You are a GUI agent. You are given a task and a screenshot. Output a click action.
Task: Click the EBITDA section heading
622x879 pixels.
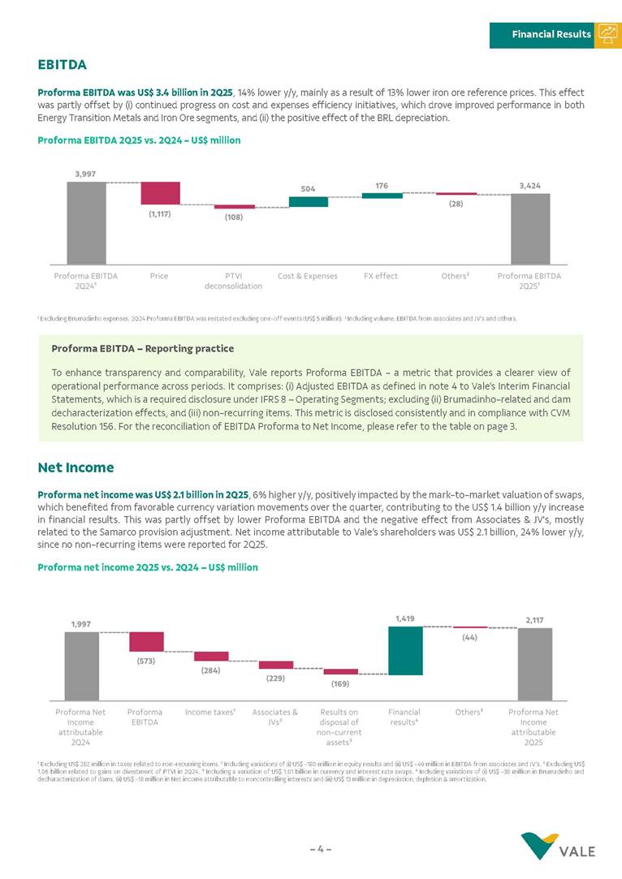coord(62,64)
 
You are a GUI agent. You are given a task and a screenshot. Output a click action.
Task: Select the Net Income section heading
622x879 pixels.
coord(76,468)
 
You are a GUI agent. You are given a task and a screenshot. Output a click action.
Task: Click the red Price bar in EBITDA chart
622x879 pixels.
coord(160,193)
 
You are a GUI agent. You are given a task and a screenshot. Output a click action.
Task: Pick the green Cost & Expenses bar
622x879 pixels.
coord(309,201)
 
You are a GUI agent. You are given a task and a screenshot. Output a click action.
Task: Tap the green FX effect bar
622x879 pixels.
coord(382,196)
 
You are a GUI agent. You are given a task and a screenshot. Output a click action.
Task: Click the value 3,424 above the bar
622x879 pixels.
coord(529,186)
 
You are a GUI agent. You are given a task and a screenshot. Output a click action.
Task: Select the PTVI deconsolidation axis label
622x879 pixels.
coord(233,281)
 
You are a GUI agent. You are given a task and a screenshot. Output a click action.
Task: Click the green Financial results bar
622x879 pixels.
coord(405,651)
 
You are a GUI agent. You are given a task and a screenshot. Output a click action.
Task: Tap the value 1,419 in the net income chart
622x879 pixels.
coord(405,618)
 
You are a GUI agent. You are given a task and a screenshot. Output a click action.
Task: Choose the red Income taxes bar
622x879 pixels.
coord(211,656)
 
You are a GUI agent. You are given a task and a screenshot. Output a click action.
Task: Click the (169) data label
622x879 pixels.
coord(340,684)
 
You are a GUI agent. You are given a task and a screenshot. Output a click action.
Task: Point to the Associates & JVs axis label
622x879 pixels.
coord(274,717)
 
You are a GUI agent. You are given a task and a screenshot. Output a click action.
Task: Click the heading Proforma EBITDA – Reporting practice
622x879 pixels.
coord(142,348)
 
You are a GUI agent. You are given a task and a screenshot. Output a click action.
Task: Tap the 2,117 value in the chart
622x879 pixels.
coord(534,620)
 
